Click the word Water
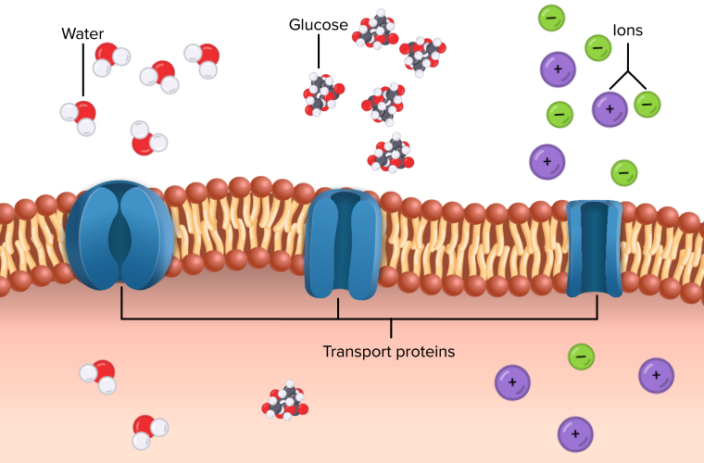(82, 34)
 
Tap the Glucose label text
(319, 25)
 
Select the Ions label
(627, 31)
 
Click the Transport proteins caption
(389, 352)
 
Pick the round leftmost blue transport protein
(119, 232)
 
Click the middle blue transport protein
(341, 244)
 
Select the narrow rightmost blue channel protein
(594, 247)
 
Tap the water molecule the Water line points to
(79, 116)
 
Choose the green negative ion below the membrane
(581, 356)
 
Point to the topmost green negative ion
(551, 17)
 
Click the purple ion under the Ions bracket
(609, 109)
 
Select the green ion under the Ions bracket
(647, 105)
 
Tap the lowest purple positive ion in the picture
(575, 432)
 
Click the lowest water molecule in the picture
(150, 428)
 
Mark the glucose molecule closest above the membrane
(392, 153)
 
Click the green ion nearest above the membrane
(623, 172)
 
